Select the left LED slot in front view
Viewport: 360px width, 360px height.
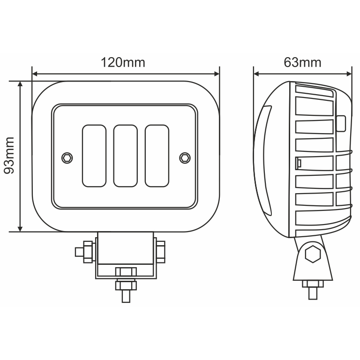coord(94,156)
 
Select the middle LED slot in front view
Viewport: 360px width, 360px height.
coord(126,156)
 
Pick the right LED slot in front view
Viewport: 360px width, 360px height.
coord(157,156)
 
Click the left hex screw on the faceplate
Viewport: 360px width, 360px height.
coord(66,157)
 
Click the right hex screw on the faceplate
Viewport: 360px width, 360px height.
coord(185,157)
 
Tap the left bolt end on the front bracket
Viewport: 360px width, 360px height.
coord(80,252)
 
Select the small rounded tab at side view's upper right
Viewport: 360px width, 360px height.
coord(341,123)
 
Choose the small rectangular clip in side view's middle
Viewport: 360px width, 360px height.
coord(299,163)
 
